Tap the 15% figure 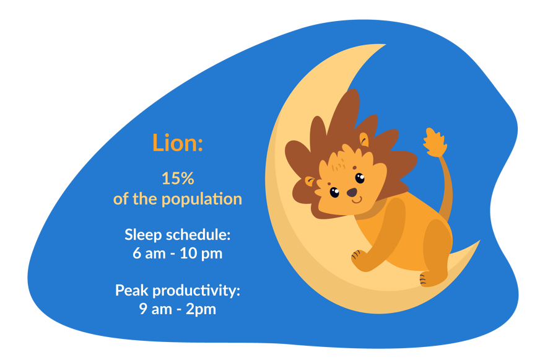click(178, 179)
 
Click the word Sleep click(142, 235)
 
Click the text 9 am click(155, 309)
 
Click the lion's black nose click(351, 193)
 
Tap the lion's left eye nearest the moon click(334, 192)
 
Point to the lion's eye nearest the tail click(360, 178)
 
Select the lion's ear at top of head click(364, 140)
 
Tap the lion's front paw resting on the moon click(359, 257)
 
